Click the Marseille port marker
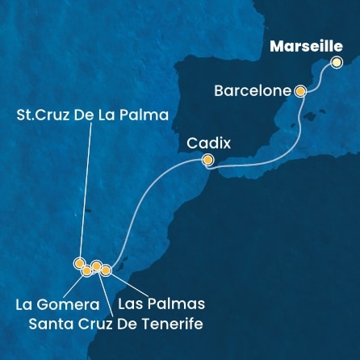[x=337, y=62]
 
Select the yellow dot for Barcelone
[x=300, y=91]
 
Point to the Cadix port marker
[x=207, y=161]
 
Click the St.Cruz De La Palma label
[x=94, y=115]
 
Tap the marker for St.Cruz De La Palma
[x=79, y=262]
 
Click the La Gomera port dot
[x=87, y=270]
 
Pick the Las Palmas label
[x=161, y=304]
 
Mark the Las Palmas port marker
[x=105, y=270]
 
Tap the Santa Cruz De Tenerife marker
[x=96, y=266]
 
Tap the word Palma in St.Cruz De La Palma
[x=150, y=115]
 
